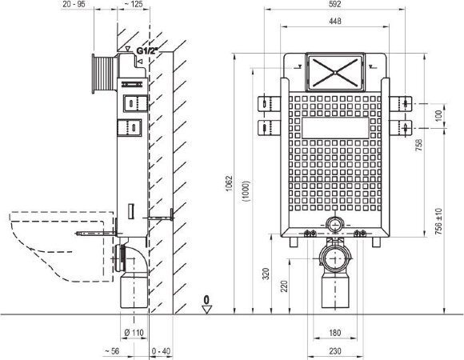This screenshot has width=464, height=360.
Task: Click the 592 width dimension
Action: pyautogui.click(x=334, y=4)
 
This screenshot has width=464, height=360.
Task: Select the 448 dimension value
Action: pyautogui.click(x=334, y=21)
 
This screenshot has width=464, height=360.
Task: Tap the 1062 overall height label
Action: pyautogui.click(x=230, y=184)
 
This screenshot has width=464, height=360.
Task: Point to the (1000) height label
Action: pyautogui.click(x=246, y=190)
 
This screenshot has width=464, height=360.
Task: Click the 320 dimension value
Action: pyautogui.click(x=266, y=274)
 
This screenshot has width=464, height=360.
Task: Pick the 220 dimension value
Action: pyautogui.click(x=284, y=286)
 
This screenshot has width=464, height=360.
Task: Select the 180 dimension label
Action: pyautogui.click(x=334, y=333)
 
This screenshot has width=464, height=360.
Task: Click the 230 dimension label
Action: pyautogui.click(x=334, y=351)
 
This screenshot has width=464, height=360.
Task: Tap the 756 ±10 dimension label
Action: pyautogui.click(x=439, y=222)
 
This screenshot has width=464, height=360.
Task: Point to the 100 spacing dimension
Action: pyautogui.click(x=439, y=115)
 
